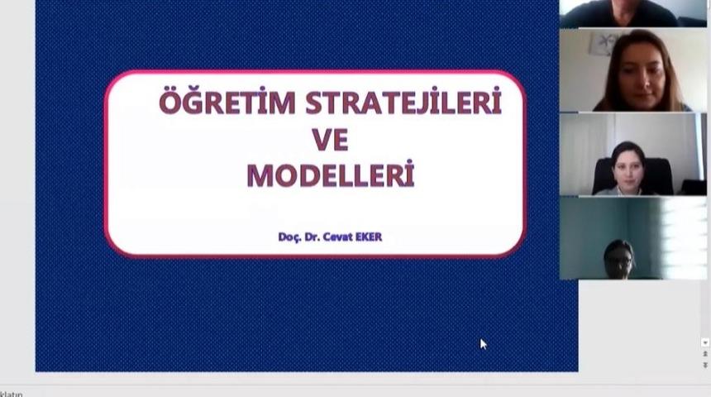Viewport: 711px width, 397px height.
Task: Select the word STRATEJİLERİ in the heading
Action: [403, 103]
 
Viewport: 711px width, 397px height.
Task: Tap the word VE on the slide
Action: [330, 139]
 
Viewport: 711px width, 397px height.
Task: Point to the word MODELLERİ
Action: [330, 175]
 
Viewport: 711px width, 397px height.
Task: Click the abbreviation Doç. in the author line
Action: [290, 237]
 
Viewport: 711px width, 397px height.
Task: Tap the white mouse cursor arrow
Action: [483, 343]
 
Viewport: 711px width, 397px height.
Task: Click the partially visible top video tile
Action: [633, 12]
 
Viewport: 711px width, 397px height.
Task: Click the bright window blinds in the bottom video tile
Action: [683, 236]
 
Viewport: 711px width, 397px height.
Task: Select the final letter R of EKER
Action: [379, 237]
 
